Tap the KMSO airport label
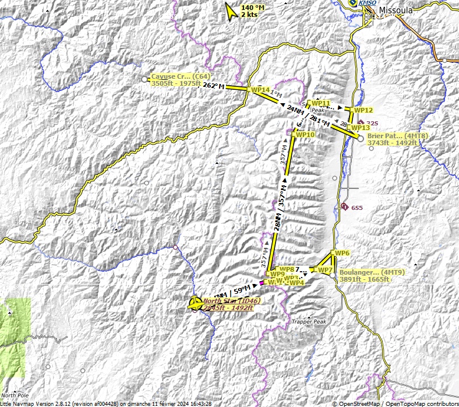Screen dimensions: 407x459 (368, 3)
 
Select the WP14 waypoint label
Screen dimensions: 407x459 (260, 90)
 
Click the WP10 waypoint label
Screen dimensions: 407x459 (305, 135)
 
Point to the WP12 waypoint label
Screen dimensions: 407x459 (363, 110)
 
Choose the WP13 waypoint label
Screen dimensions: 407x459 (361, 127)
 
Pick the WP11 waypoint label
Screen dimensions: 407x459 (321, 103)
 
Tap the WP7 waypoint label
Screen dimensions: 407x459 (325, 270)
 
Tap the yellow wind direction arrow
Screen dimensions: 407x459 (232, 11)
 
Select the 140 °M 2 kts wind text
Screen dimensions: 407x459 (252, 10)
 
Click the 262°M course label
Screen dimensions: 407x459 (214, 86)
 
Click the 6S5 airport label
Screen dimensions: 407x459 (356, 208)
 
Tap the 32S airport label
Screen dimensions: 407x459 (372, 123)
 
